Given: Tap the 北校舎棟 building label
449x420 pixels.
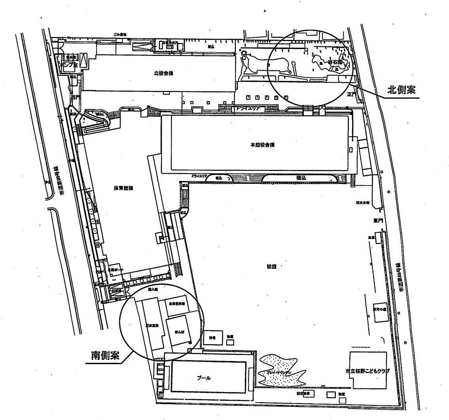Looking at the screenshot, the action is point(164,73).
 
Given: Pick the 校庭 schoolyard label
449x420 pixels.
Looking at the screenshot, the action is point(271,266).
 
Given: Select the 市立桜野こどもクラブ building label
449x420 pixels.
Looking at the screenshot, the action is point(368,371).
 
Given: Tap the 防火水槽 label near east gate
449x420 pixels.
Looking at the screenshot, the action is point(362,203).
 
